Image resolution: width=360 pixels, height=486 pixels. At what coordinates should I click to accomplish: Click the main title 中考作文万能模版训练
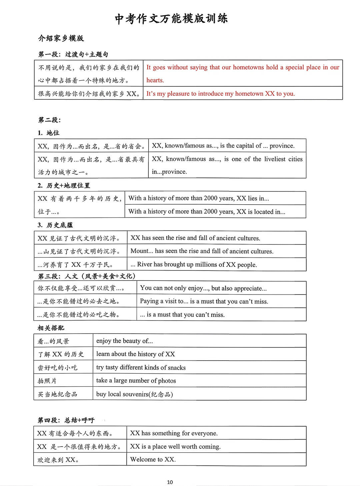click(171, 19)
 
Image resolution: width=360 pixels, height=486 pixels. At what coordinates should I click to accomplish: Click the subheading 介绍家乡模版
click(61, 38)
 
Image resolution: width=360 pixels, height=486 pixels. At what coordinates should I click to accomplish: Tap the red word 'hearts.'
click(155, 80)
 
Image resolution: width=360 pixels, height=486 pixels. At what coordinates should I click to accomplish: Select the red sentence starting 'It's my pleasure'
click(220, 94)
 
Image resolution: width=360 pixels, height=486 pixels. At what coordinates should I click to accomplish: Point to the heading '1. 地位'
click(49, 133)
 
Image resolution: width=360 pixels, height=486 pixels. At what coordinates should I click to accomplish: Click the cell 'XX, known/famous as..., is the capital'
click(223, 146)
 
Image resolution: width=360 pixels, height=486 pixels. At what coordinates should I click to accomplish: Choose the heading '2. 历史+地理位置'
click(64, 185)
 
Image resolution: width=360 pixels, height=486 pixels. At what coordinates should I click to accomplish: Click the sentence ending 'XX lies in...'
click(199, 198)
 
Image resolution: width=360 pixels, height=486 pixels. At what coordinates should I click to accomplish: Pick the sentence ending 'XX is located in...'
click(207, 211)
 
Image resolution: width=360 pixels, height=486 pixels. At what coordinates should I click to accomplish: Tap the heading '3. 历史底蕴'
click(55, 225)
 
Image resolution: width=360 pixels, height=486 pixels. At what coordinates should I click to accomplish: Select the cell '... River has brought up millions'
click(194, 265)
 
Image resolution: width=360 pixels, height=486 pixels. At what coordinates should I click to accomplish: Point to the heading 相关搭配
click(51, 328)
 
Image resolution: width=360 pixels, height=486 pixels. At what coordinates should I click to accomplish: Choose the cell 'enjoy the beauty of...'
click(124, 341)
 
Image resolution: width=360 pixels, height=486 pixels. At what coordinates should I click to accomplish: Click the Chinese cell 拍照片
click(47, 381)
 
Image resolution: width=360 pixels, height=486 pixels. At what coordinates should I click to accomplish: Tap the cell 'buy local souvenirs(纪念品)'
click(134, 394)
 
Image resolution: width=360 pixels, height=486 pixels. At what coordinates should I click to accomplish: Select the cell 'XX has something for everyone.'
click(174, 433)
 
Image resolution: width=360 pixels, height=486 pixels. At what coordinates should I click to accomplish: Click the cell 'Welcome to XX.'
click(153, 460)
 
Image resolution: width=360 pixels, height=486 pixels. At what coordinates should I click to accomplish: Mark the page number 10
click(170, 482)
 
